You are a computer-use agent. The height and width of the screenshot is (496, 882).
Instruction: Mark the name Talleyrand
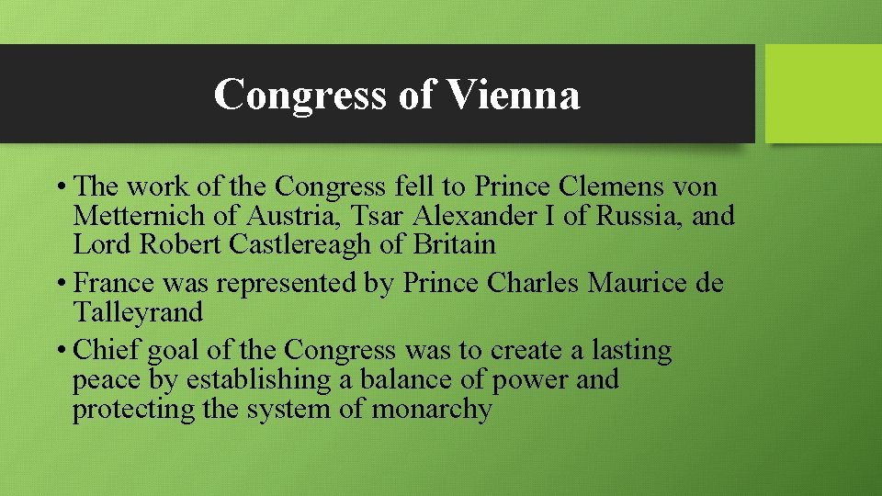coord(138,312)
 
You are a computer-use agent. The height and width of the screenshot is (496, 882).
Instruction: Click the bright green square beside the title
coord(823,94)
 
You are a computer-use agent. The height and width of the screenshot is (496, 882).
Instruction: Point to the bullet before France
coord(61,284)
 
